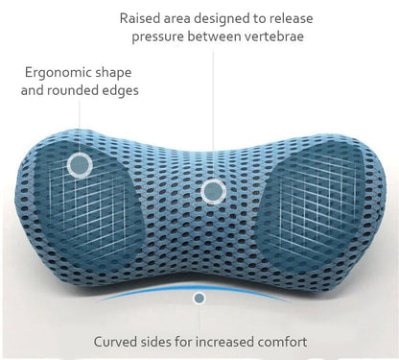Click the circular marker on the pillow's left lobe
pos(81,165)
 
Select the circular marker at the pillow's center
pos(212,190)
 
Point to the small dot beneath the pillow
pos(199,299)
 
